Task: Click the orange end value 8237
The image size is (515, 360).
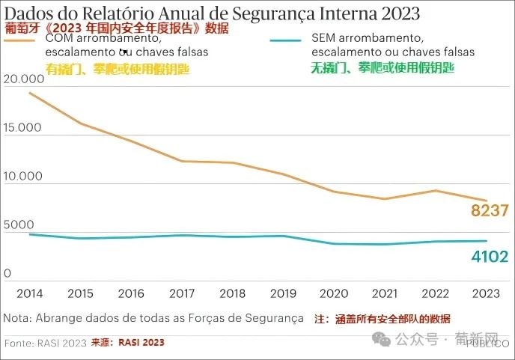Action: coord(490,210)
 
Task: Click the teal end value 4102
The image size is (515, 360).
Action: coord(490,257)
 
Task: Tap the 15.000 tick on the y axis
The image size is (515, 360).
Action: coord(22,128)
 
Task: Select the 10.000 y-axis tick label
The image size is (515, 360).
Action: coord(22,177)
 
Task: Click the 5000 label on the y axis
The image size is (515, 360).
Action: coord(19,225)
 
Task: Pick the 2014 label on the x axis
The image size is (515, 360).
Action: coord(29,293)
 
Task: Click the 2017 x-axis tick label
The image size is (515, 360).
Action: coord(183,293)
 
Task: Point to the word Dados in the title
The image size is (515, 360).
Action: coord(29,14)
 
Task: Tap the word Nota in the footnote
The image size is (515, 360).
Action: coord(18,318)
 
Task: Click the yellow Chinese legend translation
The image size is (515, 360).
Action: coord(118,68)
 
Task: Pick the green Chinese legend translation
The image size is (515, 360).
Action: coord(383,67)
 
